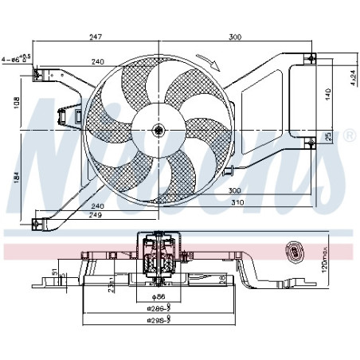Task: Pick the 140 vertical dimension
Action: click(327, 92)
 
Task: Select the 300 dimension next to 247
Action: click(236, 38)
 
